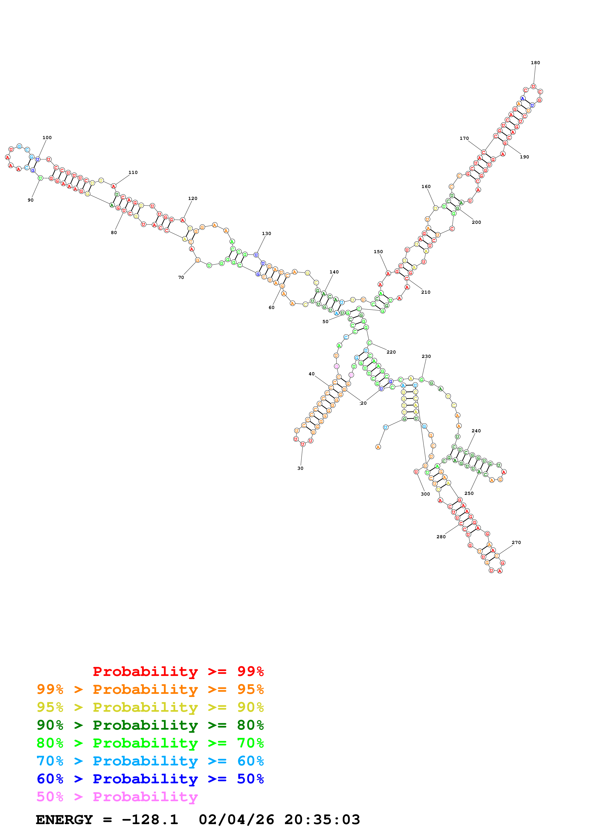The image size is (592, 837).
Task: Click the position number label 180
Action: tap(535, 63)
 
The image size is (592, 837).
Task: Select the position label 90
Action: tap(31, 200)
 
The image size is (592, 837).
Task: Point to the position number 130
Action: tap(266, 233)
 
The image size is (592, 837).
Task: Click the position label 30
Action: tap(300, 468)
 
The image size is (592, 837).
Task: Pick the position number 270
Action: tap(516, 542)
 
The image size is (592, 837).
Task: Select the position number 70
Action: tap(181, 277)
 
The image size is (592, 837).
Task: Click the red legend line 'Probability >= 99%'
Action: tap(178, 671)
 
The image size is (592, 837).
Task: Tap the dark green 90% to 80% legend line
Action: tap(150, 725)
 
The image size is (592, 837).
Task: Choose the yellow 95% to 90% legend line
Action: tap(150, 707)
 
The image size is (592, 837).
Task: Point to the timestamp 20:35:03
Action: tap(322, 820)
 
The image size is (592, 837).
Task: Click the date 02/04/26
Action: tap(236, 820)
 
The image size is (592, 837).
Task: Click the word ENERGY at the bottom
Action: tap(64, 820)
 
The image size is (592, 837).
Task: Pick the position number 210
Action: tap(426, 292)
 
